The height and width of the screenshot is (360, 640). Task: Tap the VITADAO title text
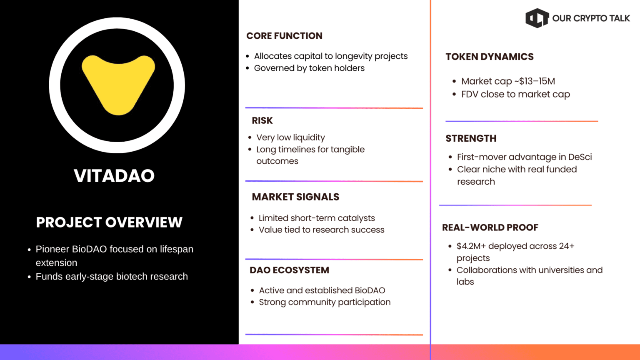[114, 175]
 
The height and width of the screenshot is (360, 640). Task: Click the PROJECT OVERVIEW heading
[109, 222]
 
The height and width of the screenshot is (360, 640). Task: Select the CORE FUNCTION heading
[284, 36]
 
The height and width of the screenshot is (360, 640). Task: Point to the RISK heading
[262, 120]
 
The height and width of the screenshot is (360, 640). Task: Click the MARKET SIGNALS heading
[295, 197]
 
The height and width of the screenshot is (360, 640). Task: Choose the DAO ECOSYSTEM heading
[290, 270]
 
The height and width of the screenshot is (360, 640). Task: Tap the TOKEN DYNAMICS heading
[490, 57]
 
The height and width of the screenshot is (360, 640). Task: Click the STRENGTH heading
[471, 138]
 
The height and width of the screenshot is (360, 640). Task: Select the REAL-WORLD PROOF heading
[490, 227]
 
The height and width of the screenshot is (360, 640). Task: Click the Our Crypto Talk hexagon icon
[537, 18]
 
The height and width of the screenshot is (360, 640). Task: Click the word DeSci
[580, 157]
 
